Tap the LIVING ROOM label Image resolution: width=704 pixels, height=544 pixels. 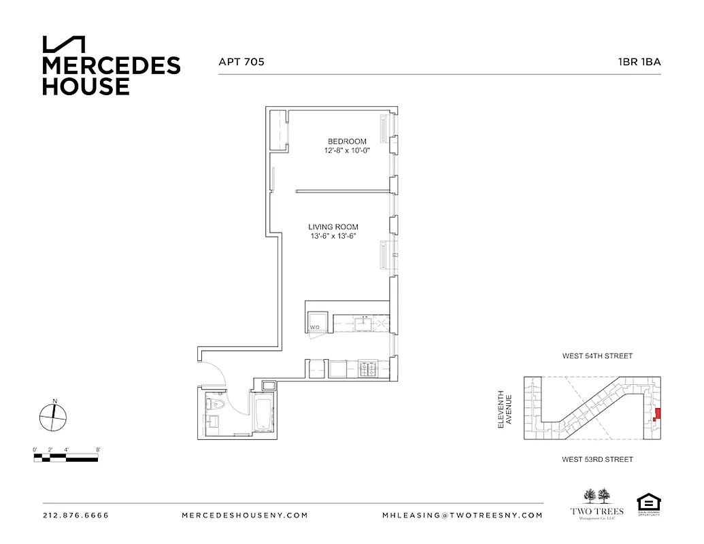(x=333, y=227)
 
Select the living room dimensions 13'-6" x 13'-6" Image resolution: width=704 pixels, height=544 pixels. (x=333, y=237)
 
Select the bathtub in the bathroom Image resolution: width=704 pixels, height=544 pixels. (x=263, y=415)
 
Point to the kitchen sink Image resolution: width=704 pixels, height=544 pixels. (x=364, y=322)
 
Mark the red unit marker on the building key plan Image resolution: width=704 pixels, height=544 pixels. (x=656, y=415)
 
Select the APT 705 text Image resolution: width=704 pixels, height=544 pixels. (x=241, y=61)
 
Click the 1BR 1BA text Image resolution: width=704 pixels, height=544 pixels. (x=639, y=61)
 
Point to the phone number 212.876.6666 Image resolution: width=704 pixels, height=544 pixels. (x=76, y=515)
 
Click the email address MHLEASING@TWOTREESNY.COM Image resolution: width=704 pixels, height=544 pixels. (x=463, y=515)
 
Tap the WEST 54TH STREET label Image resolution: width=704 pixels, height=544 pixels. (x=597, y=356)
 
